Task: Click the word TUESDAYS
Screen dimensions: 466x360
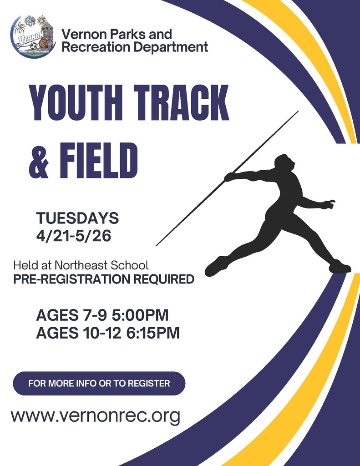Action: (77, 218)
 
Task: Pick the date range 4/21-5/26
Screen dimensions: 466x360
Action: (74, 236)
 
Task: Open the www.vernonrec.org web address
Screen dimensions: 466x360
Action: (96, 415)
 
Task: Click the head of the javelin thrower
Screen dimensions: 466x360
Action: (284, 162)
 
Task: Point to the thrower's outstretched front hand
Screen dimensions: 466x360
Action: (329, 204)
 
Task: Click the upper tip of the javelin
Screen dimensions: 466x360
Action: (297, 111)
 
